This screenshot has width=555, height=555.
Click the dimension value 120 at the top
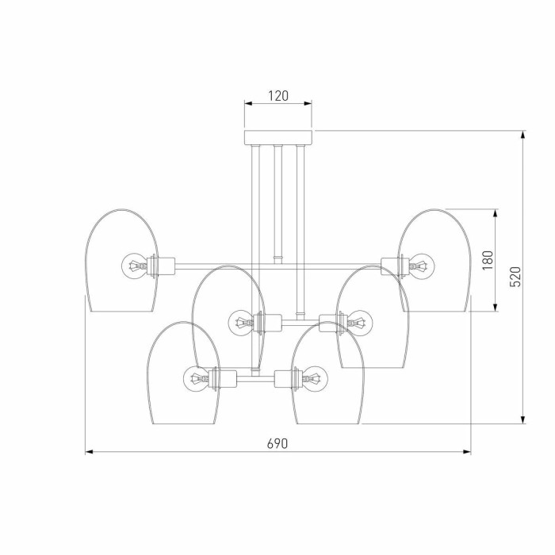tap(277, 96)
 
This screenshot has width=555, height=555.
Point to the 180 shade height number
tap(487, 260)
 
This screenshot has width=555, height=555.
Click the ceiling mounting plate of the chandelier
tap(277, 136)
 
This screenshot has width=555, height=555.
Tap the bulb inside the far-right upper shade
tap(422, 264)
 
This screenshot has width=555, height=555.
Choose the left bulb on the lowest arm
tap(196, 377)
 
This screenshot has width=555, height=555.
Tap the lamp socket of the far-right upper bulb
tap(394, 264)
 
